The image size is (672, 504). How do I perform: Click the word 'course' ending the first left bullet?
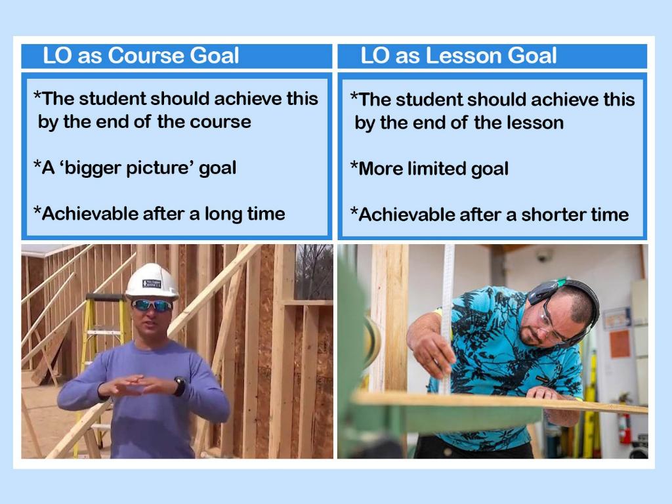[220, 122]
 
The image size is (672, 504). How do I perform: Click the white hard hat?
[152, 282]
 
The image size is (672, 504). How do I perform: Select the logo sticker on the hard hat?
[152, 283]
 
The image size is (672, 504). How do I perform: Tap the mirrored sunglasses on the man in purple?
[152, 305]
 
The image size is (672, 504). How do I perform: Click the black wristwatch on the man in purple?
[180, 386]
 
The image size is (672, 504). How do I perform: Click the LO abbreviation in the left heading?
[56, 56]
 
